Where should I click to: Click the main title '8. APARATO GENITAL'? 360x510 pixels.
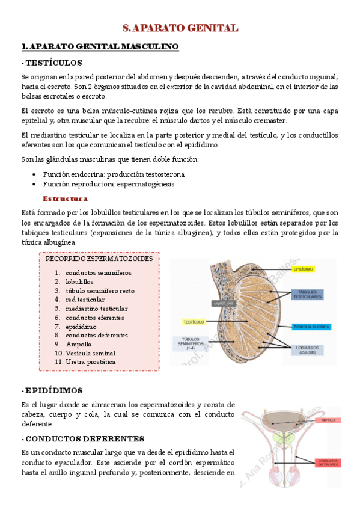(x=180, y=28)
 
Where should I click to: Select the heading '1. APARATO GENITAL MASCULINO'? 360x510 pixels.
(x=99, y=46)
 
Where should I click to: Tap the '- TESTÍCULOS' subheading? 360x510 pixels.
(x=51, y=63)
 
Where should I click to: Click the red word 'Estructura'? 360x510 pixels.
(x=65, y=198)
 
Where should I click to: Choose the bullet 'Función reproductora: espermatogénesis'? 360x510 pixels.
(x=109, y=184)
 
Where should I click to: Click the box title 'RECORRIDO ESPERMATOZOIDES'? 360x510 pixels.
(x=99, y=259)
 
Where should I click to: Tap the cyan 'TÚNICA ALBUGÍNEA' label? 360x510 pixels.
(x=311, y=327)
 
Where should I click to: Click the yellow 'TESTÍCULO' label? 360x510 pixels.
(x=195, y=322)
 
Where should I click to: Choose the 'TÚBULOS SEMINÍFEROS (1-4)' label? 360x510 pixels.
(x=191, y=343)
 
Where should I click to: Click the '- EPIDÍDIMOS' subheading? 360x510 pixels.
(x=52, y=390)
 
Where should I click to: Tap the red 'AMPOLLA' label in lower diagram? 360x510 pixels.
(x=329, y=420)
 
